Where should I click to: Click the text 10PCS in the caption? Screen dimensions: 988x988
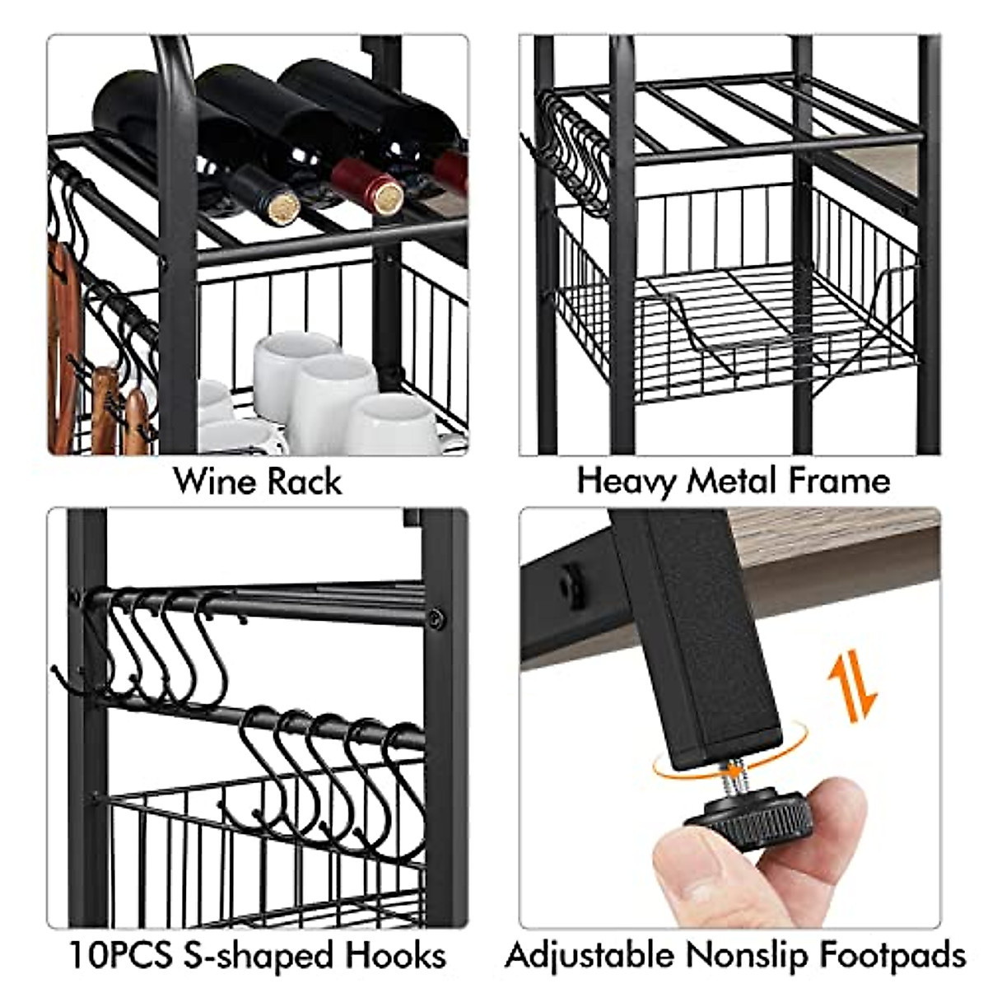point(120,956)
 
